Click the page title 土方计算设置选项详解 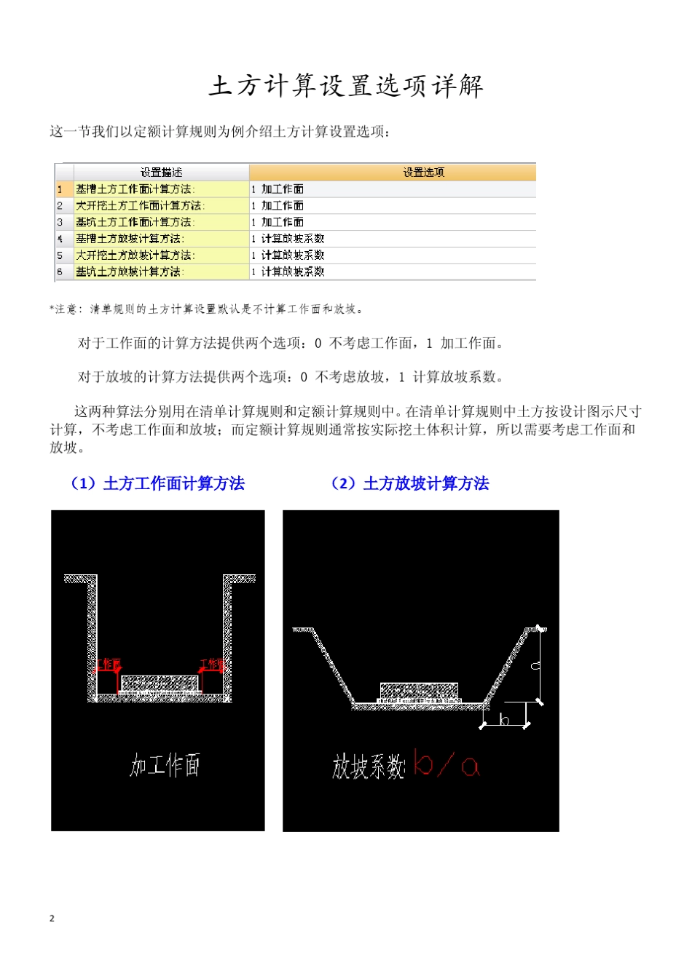(x=346, y=86)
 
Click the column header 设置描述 (x=161, y=173)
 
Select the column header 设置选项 (x=423, y=173)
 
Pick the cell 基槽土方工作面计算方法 (x=135, y=189)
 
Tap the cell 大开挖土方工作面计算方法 (x=141, y=206)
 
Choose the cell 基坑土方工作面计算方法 (x=135, y=222)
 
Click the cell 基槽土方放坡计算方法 (x=130, y=239)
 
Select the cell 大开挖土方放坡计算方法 (x=135, y=255)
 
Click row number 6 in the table (x=60, y=271)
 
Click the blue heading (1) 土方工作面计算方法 (x=157, y=483)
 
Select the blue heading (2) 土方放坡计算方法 (x=409, y=483)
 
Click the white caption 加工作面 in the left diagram (x=165, y=765)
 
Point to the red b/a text (x=446, y=764)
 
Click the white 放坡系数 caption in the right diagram (x=368, y=766)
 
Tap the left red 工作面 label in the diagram (x=110, y=664)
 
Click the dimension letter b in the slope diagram (x=503, y=720)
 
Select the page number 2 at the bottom (x=52, y=918)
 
